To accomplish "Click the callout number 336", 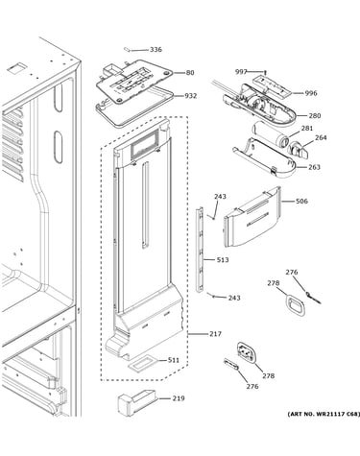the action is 156,50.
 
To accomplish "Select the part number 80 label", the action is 190,73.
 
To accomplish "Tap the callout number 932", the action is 190,96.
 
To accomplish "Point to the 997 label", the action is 241,72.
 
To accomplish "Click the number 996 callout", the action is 311,93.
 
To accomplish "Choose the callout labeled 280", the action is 315,115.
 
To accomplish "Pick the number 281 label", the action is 307,129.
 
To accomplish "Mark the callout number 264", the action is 321,137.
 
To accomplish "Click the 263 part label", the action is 314,167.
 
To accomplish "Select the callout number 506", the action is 301,202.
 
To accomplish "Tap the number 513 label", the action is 223,260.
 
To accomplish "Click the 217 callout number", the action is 215,334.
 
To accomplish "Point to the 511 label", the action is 174,360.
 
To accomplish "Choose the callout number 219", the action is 179,398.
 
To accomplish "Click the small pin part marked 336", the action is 127,49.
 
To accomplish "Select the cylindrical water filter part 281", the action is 270,132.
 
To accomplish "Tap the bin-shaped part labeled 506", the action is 252,217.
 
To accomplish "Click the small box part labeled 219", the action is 137,401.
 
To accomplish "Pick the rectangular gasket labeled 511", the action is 142,364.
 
